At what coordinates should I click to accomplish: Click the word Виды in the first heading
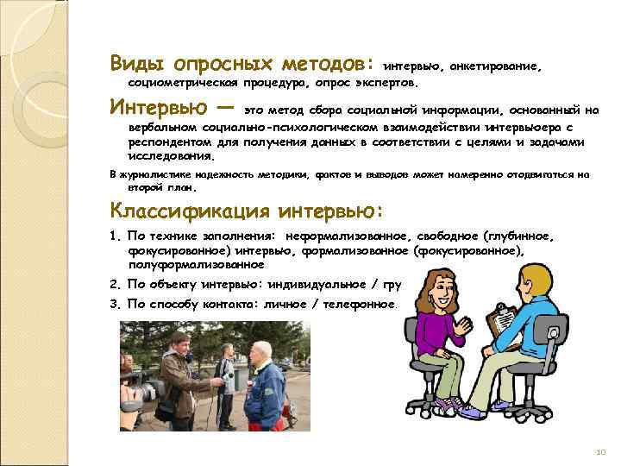click(138, 63)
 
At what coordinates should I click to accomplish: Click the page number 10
click(601, 452)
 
